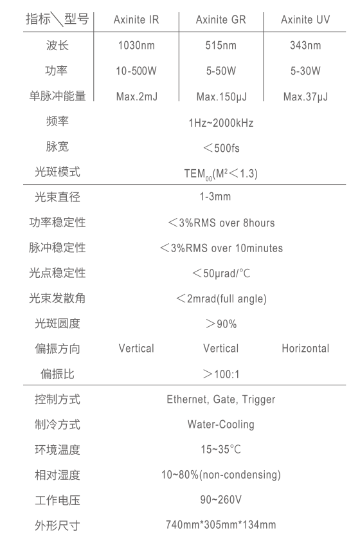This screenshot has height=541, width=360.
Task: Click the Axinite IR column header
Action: tap(136, 20)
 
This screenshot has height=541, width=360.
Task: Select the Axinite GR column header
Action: tap(221, 20)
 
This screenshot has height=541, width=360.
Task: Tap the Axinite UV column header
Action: tap(305, 20)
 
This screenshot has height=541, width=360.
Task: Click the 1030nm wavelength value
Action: tap(136, 45)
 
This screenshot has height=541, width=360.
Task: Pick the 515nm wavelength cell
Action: tap(221, 45)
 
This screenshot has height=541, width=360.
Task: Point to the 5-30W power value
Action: tap(305, 71)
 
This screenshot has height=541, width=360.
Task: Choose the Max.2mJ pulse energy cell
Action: tap(136, 96)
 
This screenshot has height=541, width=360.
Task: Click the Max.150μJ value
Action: tap(221, 96)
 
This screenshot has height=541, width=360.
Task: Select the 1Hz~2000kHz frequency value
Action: tap(221, 122)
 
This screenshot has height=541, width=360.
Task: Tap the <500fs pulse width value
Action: tap(221, 148)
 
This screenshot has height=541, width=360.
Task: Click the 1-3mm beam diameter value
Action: tap(215, 197)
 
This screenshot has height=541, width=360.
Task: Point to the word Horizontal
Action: tap(305, 349)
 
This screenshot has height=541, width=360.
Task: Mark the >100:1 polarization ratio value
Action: tap(221, 374)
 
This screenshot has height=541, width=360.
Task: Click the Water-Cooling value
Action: tap(221, 425)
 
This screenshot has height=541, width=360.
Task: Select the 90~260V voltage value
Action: tap(221, 500)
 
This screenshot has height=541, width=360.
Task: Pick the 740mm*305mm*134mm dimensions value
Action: tap(221, 525)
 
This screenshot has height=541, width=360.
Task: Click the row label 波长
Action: tap(58, 45)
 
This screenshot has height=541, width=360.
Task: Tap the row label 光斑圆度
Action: tap(58, 324)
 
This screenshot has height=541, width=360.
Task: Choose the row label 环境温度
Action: tap(58, 450)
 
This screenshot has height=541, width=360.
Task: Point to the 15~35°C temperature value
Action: tap(221, 449)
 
